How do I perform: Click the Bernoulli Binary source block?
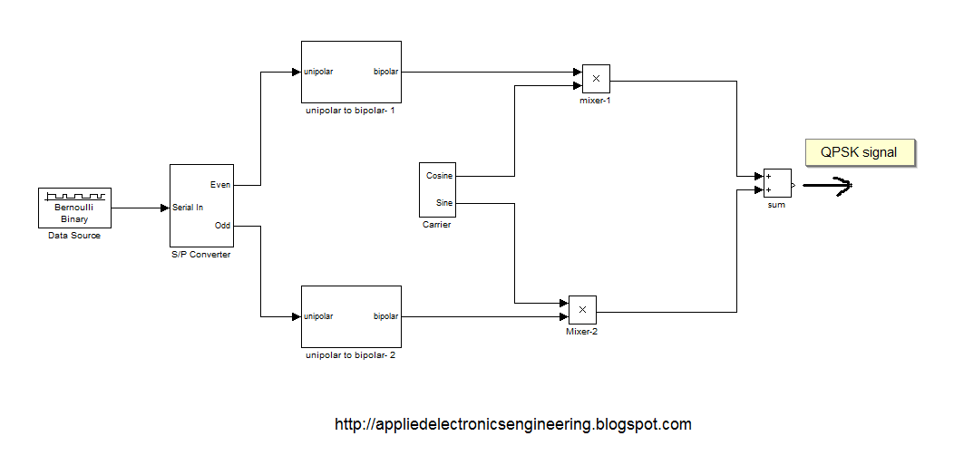tap(74, 208)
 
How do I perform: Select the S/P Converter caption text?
tap(201, 255)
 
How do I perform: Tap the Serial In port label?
tap(188, 208)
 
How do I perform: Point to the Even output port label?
tap(220, 184)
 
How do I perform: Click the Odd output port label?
tap(222, 226)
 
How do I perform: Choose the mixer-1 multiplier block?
tap(596, 79)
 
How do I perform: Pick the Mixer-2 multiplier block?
tap(582, 310)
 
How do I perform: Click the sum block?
tap(776, 183)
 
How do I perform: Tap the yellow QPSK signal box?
tap(859, 153)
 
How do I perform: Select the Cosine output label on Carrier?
tap(440, 176)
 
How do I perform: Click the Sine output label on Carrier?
tap(443, 203)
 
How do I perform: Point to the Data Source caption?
tap(74, 236)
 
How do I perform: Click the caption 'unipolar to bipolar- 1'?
tap(350, 111)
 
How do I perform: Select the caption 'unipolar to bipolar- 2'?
tap(350, 355)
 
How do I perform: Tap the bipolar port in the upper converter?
tap(385, 72)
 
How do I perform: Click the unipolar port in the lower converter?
tap(318, 316)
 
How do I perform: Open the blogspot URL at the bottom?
tap(512, 424)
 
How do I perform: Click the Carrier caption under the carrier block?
tap(436, 225)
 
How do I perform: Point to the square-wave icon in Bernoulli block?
tap(74, 196)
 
